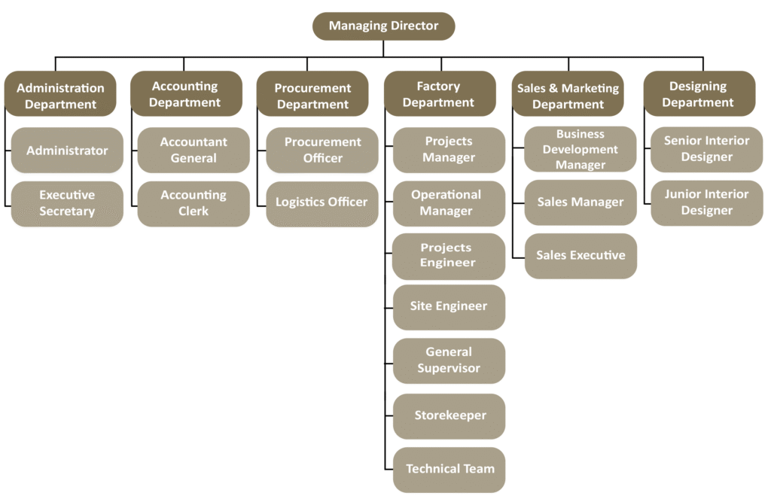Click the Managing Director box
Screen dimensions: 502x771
pyautogui.click(x=383, y=26)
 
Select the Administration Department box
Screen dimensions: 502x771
pyautogui.click(x=60, y=94)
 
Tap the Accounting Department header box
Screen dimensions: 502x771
pyautogui.click(x=185, y=94)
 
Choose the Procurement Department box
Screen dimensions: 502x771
pyautogui.click(x=312, y=95)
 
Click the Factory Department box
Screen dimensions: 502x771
pyautogui.click(x=439, y=94)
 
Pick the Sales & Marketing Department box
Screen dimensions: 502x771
pyautogui.click(x=568, y=95)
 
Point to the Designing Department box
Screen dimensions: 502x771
pyautogui.click(x=698, y=94)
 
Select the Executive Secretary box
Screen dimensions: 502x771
pyautogui.click(x=67, y=203)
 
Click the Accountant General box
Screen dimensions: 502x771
pyautogui.click(x=194, y=150)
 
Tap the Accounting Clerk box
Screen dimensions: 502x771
pyautogui.click(x=194, y=203)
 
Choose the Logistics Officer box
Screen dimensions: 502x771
pyautogui.click(x=322, y=203)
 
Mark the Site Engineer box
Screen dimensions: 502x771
pyautogui.click(x=449, y=306)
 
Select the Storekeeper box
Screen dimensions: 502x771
pyautogui.click(x=449, y=415)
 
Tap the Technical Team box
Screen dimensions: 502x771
pyautogui.click(x=449, y=469)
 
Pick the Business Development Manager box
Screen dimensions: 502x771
pyautogui.click(x=581, y=149)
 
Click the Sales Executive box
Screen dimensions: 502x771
pyautogui.click(x=581, y=256)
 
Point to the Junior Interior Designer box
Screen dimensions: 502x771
pyautogui.click(x=706, y=202)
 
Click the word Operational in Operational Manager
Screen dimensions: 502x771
pyautogui.click(x=446, y=195)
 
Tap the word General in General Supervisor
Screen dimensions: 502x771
pyautogui.click(x=449, y=352)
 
